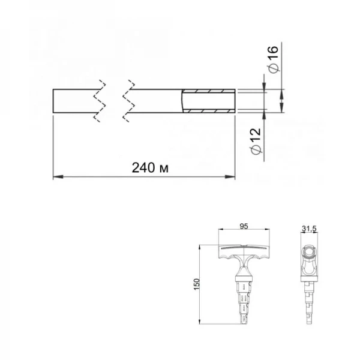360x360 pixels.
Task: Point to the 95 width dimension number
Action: click(x=244, y=226)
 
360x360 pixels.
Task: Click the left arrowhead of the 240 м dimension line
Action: click(x=56, y=177)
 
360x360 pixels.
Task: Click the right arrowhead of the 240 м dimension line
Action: click(x=231, y=177)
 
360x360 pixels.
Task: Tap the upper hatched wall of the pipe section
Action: click(x=208, y=91)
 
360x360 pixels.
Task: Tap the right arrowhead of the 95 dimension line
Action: click(x=266, y=231)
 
